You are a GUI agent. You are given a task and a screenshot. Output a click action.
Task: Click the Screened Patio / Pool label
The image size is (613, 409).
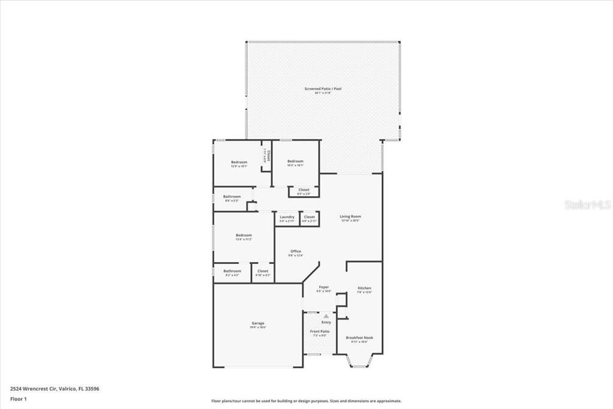click(x=323, y=89)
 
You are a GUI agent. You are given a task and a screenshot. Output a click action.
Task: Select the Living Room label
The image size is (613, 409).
click(x=350, y=216)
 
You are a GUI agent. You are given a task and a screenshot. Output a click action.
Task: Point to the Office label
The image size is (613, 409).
click(x=296, y=251)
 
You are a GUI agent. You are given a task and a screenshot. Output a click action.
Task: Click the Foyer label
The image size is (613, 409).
click(x=323, y=287)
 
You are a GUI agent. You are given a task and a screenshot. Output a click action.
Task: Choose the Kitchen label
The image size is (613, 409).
click(x=364, y=288)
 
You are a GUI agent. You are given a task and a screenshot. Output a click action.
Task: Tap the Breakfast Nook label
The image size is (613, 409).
click(x=359, y=338)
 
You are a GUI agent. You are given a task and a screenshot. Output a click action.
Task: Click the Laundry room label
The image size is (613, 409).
click(x=287, y=217)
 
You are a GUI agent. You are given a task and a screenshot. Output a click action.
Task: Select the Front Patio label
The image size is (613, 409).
click(x=319, y=332)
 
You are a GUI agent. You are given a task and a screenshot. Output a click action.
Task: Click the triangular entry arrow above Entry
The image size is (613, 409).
click(x=326, y=316)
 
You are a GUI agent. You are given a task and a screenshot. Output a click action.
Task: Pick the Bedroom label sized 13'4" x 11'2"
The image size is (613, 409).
click(x=244, y=235)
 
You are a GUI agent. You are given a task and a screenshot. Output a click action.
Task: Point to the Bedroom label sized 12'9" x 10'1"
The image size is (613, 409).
click(x=239, y=162)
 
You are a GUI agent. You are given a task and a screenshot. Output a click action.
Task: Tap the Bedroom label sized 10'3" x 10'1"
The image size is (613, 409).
click(x=295, y=161)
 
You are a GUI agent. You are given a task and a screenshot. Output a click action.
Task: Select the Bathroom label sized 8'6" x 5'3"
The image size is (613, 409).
click(x=232, y=197)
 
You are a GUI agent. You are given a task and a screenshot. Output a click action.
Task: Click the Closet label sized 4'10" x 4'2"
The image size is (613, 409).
click(x=263, y=271)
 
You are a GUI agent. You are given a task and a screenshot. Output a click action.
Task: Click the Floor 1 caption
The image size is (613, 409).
click(x=18, y=398)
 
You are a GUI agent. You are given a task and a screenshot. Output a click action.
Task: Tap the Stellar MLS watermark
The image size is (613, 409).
click(x=587, y=204)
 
